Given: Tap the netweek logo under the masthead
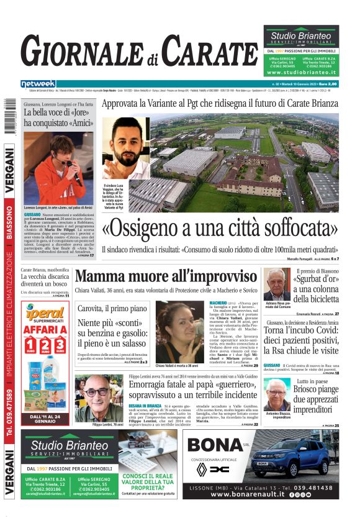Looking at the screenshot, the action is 38,84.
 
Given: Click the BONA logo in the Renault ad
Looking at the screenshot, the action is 220,445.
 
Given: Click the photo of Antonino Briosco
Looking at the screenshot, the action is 276,394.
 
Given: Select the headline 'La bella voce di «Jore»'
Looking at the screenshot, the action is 58,112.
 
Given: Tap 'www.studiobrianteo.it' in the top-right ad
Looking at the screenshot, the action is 301,73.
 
